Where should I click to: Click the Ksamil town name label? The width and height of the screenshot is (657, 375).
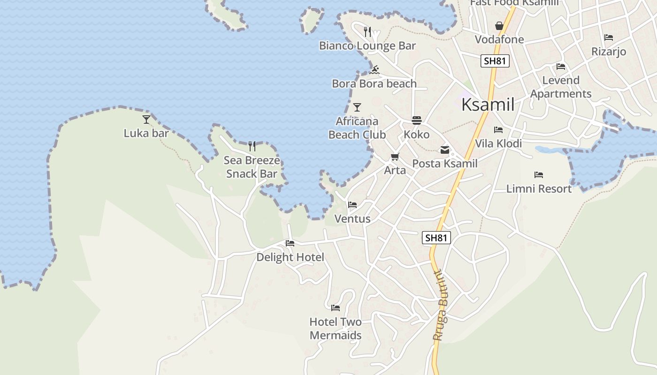click(x=488, y=105)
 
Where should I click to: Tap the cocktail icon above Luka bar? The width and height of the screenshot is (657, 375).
click(x=146, y=120)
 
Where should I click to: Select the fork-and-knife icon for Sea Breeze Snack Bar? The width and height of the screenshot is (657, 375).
click(x=252, y=146)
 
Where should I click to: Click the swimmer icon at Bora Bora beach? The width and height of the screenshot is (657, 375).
click(x=374, y=70)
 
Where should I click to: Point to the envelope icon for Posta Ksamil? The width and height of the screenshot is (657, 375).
click(x=444, y=150)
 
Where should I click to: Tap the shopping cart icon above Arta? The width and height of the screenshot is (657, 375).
click(x=395, y=157)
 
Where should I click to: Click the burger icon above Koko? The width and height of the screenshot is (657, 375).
click(x=417, y=120)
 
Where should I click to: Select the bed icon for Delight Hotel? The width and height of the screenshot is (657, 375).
click(x=290, y=243)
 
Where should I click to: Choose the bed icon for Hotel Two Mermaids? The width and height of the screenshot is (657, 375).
click(x=336, y=308)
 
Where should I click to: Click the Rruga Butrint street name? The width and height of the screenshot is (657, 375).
click(x=441, y=305)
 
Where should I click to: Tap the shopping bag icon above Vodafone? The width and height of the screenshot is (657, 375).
click(x=499, y=26)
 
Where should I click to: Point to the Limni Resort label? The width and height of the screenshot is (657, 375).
click(x=539, y=189)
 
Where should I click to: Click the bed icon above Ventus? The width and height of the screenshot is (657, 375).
click(x=352, y=205)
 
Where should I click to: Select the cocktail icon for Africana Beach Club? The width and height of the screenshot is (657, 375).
click(x=357, y=107)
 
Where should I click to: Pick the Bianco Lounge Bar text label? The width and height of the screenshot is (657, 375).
click(x=367, y=46)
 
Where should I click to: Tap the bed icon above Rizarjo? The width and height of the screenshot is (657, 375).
click(x=609, y=37)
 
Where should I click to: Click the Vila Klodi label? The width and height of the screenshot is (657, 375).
click(x=498, y=143)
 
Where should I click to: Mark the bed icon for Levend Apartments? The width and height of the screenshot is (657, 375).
click(x=561, y=67)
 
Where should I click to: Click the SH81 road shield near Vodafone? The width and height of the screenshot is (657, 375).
click(x=495, y=61)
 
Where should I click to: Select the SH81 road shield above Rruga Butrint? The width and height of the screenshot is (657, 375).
click(x=436, y=238)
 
